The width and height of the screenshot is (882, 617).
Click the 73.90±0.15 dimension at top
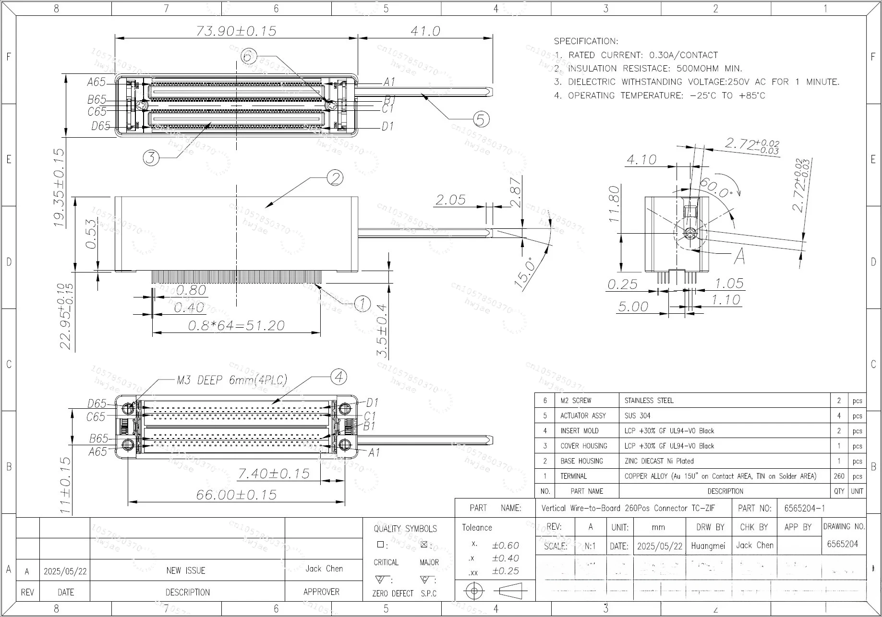(x=236, y=31)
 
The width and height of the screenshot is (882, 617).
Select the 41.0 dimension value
(x=425, y=31)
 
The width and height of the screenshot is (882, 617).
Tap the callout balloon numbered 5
(x=481, y=119)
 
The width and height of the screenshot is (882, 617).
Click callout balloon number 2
(x=335, y=178)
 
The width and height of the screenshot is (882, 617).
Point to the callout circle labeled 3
(x=151, y=157)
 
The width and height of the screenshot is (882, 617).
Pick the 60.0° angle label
(x=715, y=188)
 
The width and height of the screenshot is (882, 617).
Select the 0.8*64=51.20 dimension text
(x=236, y=326)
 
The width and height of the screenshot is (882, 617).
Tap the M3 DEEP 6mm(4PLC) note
(x=232, y=380)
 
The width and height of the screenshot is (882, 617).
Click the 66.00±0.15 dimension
(x=236, y=495)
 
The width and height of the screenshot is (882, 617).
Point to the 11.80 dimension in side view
(x=614, y=204)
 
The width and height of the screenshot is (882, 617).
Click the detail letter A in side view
(x=739, y=256)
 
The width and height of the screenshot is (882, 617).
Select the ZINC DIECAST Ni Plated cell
(x=659, y=461)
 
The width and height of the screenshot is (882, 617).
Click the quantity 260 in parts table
(x=839, y=476)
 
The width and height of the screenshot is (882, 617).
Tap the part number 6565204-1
(x=804, y=508)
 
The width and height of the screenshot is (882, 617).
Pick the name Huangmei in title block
(x=708, y=546)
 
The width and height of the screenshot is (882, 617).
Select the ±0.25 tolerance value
(x=505, y=571)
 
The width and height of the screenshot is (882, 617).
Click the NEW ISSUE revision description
(x=186, y=570)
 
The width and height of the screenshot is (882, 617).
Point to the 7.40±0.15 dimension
(x=274, y=474)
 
